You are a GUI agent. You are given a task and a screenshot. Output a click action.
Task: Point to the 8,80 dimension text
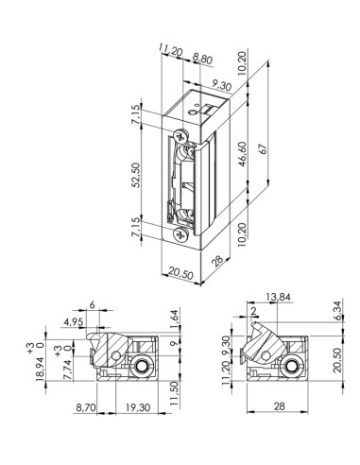click(x=202, y=59)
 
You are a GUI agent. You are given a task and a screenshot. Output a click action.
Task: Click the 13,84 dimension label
click(x=279, y=298)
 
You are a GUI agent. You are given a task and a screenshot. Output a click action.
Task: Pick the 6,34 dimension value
click(x=336, y=310)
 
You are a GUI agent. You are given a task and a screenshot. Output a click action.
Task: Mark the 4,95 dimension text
click(x=82, y=322)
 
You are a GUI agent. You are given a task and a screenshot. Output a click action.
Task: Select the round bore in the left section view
click(x=141, y=367)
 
